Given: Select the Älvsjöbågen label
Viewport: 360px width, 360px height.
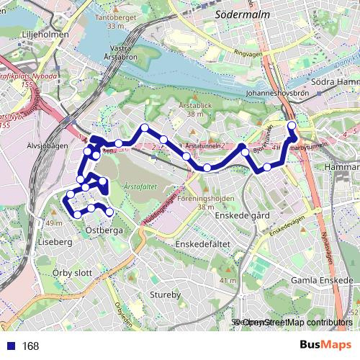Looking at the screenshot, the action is [x=46, y=143].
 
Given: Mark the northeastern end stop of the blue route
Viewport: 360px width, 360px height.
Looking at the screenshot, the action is [x=292, y=127].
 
